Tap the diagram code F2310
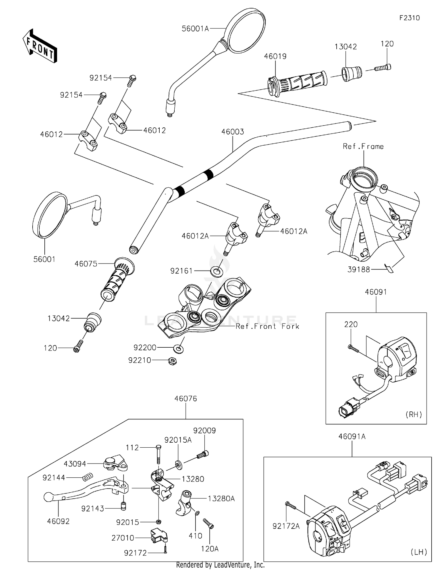[409, 18]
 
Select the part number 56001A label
[195, 29]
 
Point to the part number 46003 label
[233, 132]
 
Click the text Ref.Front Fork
[267, 326]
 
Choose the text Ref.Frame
[363, 146]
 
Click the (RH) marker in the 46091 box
[414, 414]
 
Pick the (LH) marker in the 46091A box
[419, 552]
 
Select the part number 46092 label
[58, 521]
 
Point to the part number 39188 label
[359, 269]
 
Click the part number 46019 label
[275, 56]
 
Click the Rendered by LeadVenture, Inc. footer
[220, 565]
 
